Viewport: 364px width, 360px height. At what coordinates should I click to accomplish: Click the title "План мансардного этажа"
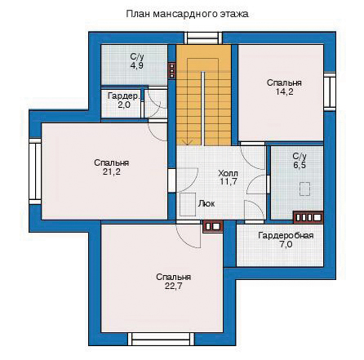(x=187, y=14)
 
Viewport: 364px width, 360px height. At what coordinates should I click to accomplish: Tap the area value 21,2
(x=112, y=172)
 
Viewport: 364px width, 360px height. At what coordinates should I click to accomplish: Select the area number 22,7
(x=173, y=287)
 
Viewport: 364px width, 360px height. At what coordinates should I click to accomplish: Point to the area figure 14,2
(x=284, y=91)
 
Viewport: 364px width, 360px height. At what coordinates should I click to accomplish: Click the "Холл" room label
(x=229, y=173)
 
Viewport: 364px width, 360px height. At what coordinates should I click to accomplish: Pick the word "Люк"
(x=206, y=203)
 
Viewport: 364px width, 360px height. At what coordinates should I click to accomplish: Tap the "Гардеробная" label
(x=286, y=235)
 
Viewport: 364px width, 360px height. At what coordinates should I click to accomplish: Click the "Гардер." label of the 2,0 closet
(x=124, y=96)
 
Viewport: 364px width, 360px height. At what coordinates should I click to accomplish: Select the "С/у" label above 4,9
(x=137, y=57)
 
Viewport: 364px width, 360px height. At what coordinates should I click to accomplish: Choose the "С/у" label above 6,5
(x=300, y=156)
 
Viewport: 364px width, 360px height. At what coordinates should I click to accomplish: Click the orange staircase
(x=203, y=95)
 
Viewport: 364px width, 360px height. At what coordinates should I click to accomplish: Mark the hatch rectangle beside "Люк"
(x=188, y=204)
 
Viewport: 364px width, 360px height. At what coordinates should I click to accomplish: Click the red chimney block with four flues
(x=308, y=217)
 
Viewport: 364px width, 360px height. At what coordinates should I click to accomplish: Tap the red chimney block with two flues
(x=213, y=226)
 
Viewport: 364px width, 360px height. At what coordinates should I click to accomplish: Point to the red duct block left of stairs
(x=171, y=71)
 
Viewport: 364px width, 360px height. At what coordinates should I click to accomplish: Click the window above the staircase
(x=204, y=38)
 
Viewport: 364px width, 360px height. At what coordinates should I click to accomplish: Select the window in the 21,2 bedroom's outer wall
(x=35, y=171)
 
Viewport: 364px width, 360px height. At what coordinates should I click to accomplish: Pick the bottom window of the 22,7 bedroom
(x=163, y=339)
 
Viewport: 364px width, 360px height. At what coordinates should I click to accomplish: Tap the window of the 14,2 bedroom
(x=330, y=91)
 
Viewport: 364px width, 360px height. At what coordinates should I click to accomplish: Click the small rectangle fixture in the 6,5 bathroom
(x=304, y=189)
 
